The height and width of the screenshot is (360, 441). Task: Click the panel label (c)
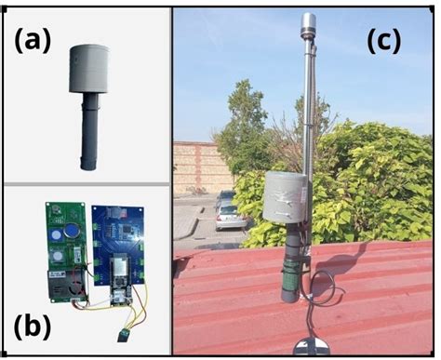[x=382, y=42]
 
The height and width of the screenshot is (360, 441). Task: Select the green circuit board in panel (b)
[x=63, y=249]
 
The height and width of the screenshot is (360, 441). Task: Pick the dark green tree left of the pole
[x=244, y=121]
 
